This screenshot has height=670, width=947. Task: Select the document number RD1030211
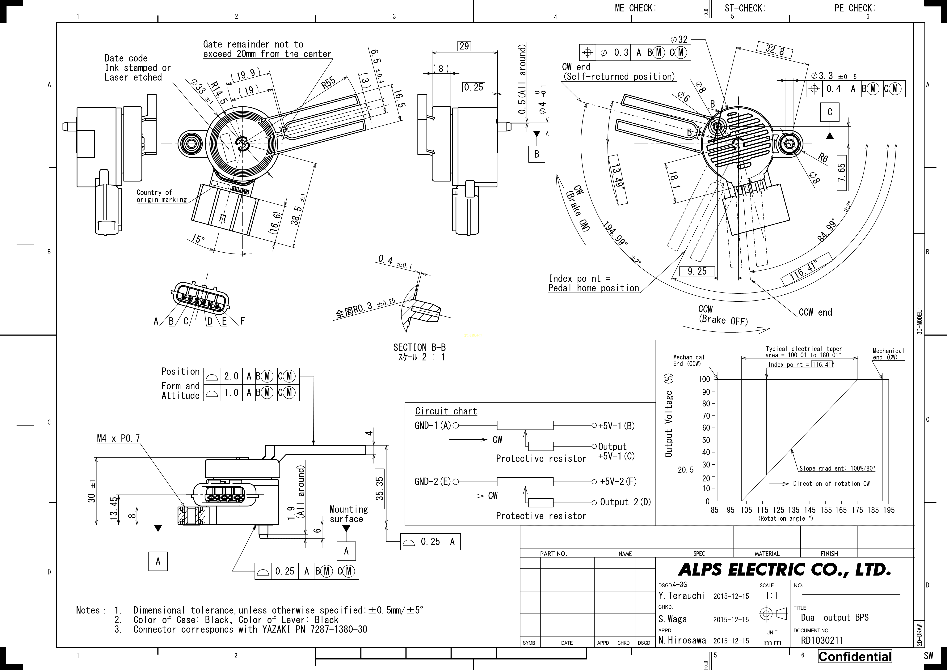822,640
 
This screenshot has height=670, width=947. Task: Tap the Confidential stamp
855,656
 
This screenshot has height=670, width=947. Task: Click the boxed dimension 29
464,46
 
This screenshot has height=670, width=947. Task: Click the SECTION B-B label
419,348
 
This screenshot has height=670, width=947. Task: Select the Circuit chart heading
446,411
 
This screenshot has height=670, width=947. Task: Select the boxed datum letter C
830,112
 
